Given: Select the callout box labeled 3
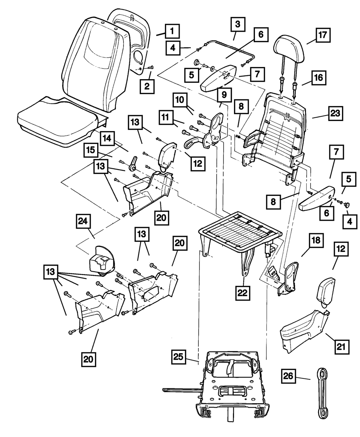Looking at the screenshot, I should (237, 25).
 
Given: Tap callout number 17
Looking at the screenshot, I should (323, 36).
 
